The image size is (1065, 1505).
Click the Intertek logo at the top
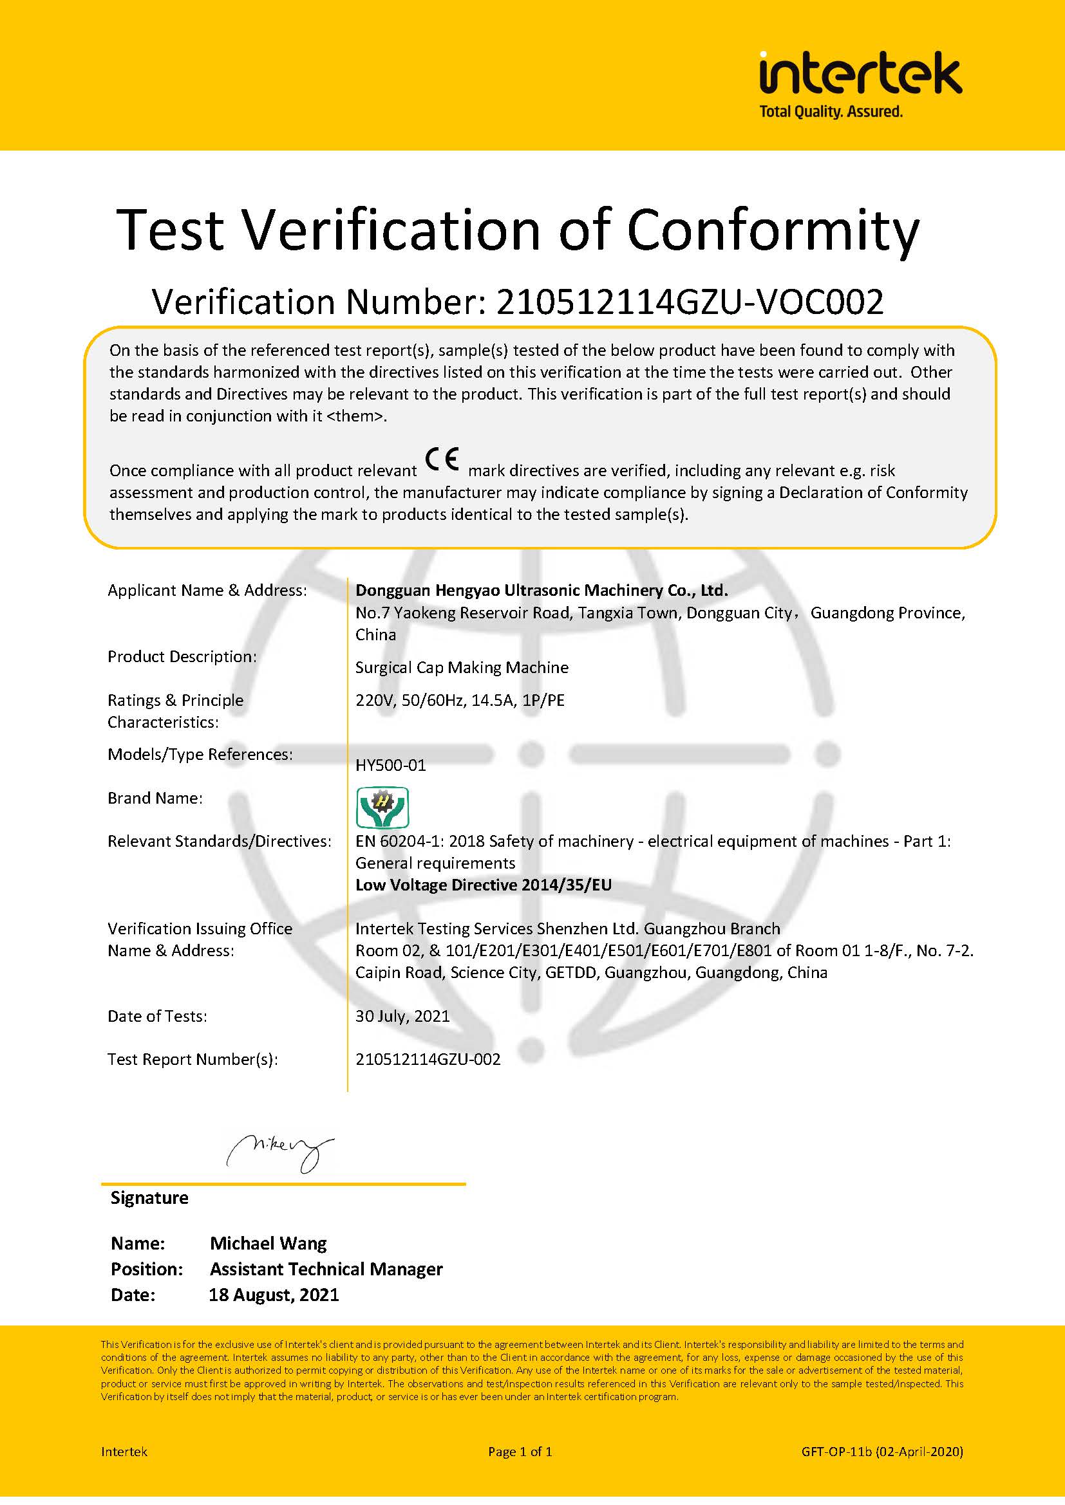(860, 73)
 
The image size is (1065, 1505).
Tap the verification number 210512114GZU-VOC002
(689, 302)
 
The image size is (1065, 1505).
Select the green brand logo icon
(382, 808)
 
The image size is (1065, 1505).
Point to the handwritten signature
(280, 1152)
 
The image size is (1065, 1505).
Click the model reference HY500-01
(391, 765)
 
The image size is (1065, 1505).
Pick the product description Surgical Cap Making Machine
(462, 667)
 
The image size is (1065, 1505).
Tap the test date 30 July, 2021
(402, 1016)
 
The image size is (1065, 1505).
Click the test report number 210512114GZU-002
(428, 1059)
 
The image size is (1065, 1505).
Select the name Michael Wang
(269, 1243)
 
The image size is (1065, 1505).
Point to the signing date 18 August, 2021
(274, 1295)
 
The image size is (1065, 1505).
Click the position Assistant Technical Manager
(326, 1269)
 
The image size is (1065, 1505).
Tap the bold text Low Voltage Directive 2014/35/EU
(484, 885)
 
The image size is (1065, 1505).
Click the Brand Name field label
(155, 798)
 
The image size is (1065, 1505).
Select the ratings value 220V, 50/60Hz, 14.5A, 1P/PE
(460, 700)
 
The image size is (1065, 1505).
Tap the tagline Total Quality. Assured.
(831, 112)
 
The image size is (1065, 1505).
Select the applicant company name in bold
(542, 590)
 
